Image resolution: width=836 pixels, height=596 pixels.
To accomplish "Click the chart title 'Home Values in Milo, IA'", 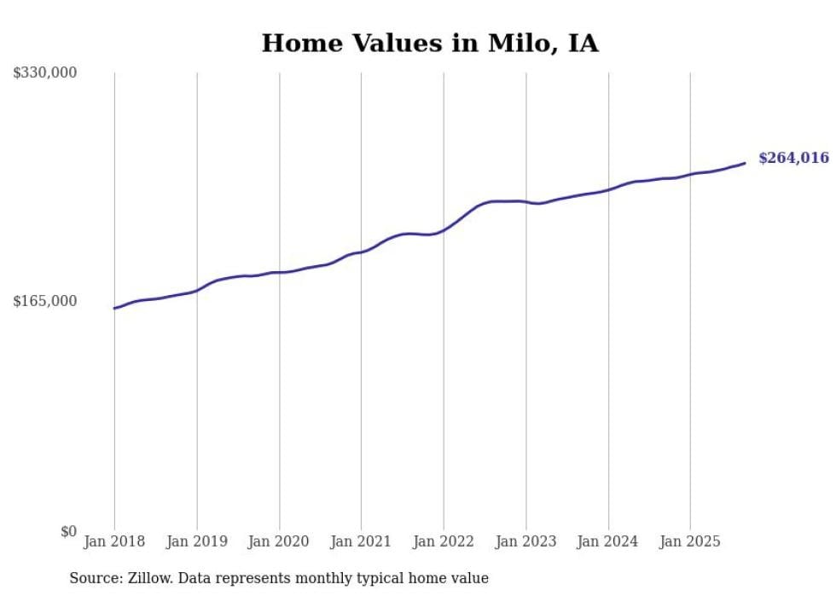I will tap(430, 43).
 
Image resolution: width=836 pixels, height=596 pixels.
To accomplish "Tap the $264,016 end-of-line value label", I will tap(793, 158).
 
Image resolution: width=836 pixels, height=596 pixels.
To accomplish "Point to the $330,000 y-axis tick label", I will tap(44, 72).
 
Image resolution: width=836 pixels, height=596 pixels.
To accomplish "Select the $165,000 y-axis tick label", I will tap(44, 301).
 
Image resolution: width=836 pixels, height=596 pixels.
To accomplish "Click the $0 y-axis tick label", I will tap(68, 531).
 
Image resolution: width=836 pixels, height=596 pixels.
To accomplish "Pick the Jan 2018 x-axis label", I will tap(114, 541).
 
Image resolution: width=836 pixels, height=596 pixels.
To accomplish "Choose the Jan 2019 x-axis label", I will tap(197, 541).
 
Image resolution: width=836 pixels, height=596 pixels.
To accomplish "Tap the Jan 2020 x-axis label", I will tap(279, 541).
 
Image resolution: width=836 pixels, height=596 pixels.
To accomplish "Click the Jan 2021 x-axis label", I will tap(361, 541).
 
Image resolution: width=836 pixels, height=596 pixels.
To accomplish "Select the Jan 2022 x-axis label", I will tap(444, 541).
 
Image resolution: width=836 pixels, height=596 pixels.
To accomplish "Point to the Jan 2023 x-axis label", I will tap(525, 541).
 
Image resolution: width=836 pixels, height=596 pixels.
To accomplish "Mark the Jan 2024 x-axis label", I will tap(608, 541).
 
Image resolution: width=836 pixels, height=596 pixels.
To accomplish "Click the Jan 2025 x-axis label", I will tap(690, 541).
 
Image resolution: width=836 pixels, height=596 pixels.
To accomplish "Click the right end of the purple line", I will tap(745, 163).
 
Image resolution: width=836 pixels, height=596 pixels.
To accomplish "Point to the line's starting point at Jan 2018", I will tap(114, 308).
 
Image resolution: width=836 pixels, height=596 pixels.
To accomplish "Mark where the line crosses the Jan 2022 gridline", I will tap(444, 230).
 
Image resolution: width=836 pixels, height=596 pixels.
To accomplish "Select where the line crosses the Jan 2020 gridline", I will tap(279, 272).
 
